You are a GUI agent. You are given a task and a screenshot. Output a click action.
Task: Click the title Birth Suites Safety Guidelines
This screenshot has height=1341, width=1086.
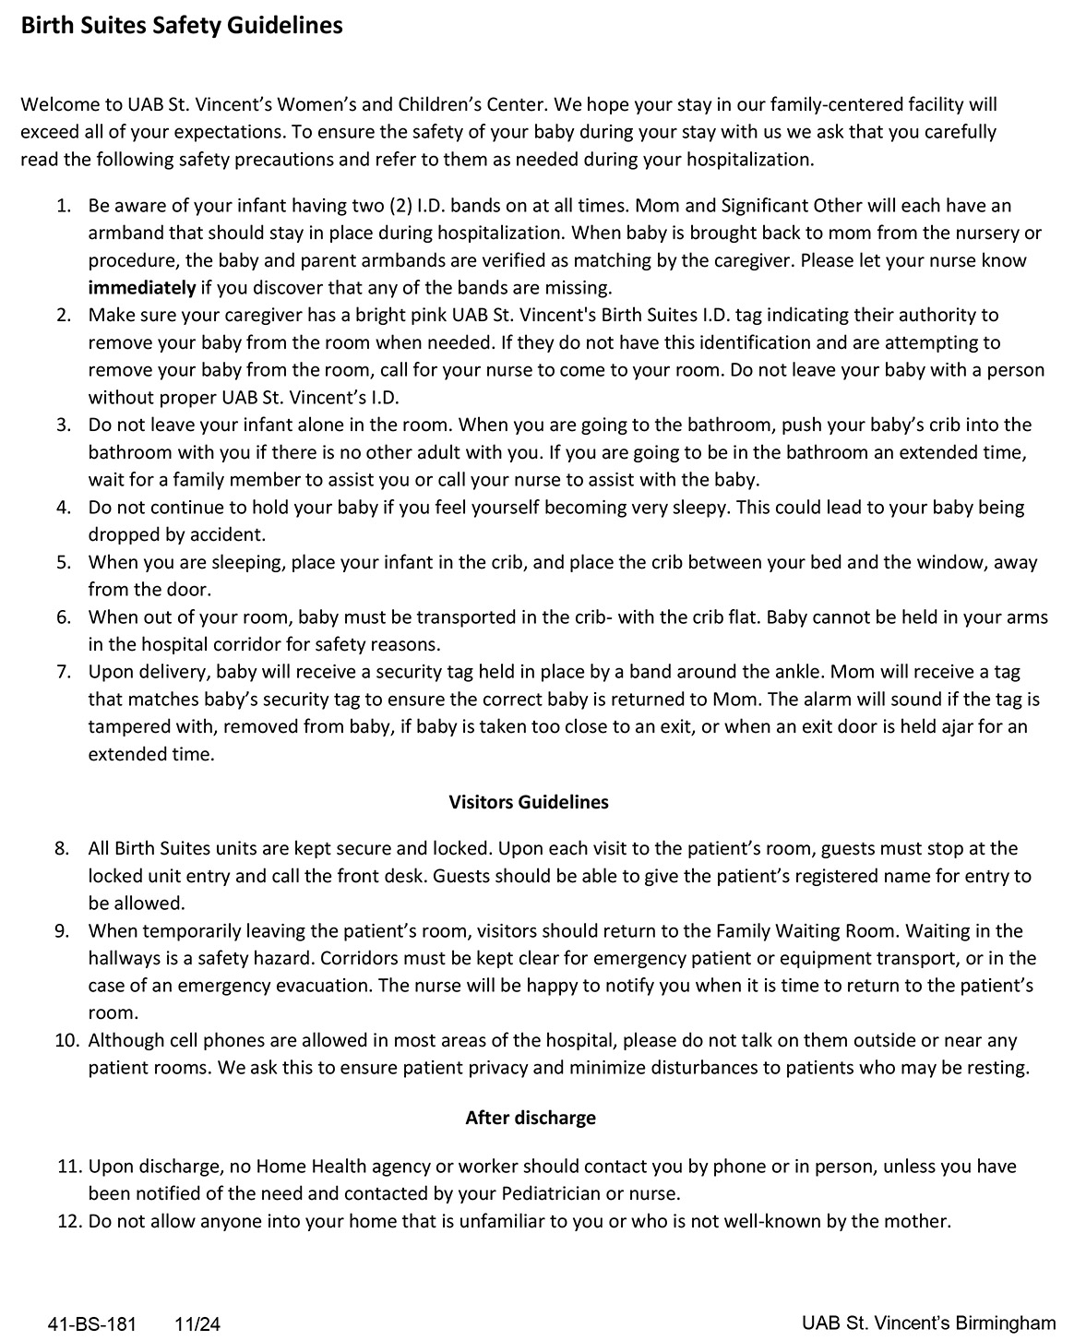pyautogui.click(x=182, y=26)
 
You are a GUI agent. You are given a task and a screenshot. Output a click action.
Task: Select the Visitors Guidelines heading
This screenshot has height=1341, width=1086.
pyautogui.click(x=529, y=802)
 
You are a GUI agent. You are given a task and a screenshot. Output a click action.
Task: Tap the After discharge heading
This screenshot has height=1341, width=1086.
pyautogui.click(x=531, y=1118)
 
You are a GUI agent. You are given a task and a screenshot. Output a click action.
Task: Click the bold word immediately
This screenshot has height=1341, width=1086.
pyautogui.click(x=142, y=287)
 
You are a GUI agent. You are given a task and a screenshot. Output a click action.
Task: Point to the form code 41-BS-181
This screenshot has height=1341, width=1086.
pyautogui.click(x=91, y=1324)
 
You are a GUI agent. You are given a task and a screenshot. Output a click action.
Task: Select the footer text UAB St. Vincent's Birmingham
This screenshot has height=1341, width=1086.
pyautogui.click(x=928, y=1323)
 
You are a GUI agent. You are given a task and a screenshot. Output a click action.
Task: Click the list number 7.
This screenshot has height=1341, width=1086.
pyautogui.click(x=63, y=672)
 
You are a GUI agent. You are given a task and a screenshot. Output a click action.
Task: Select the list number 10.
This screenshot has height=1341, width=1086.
pyautogui.click(x=67, y=1040)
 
